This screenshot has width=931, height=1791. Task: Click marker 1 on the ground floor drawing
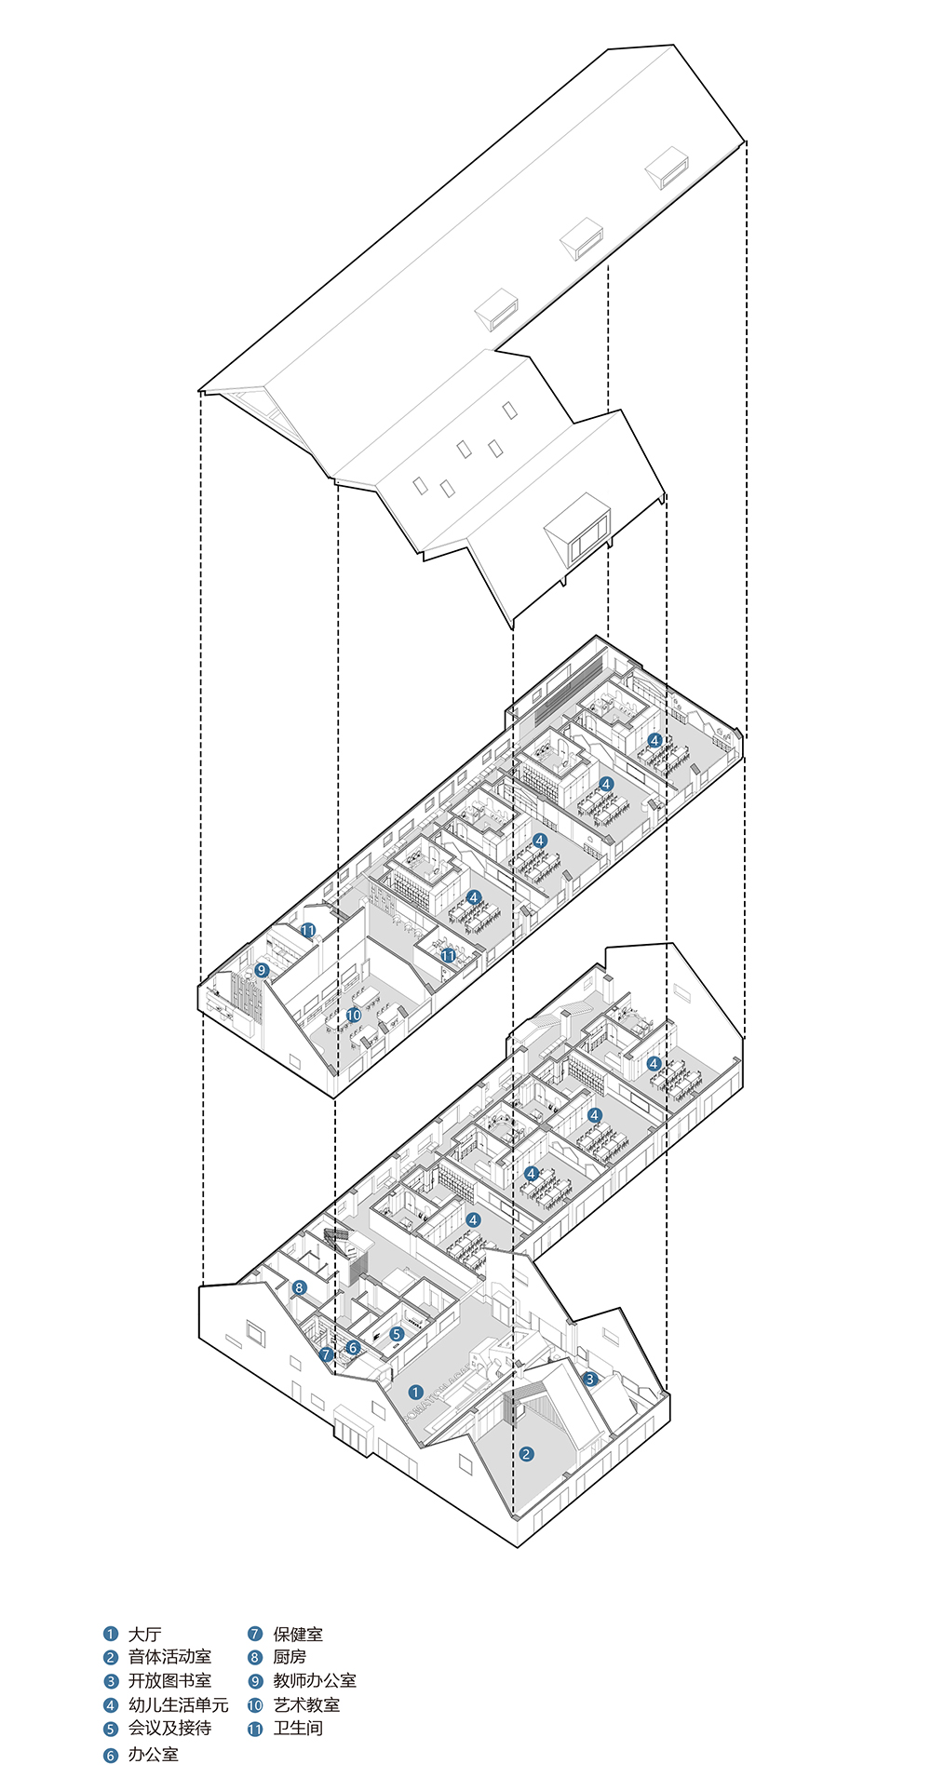pos(415,1393)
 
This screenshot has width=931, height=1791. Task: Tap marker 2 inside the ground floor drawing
pos(526,1454)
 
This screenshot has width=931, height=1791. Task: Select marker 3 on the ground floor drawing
pos(589,1379)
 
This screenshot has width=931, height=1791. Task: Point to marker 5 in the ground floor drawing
pos(397,1334)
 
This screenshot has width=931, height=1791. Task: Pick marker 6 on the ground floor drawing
pos(353,1347)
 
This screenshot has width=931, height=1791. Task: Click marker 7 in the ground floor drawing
pos(326,1354)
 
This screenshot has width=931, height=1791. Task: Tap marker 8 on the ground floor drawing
pos(299,1288)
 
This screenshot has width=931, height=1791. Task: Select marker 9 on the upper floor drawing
pos(262,970)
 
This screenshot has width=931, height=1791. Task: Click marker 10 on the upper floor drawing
pos(354,1015)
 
